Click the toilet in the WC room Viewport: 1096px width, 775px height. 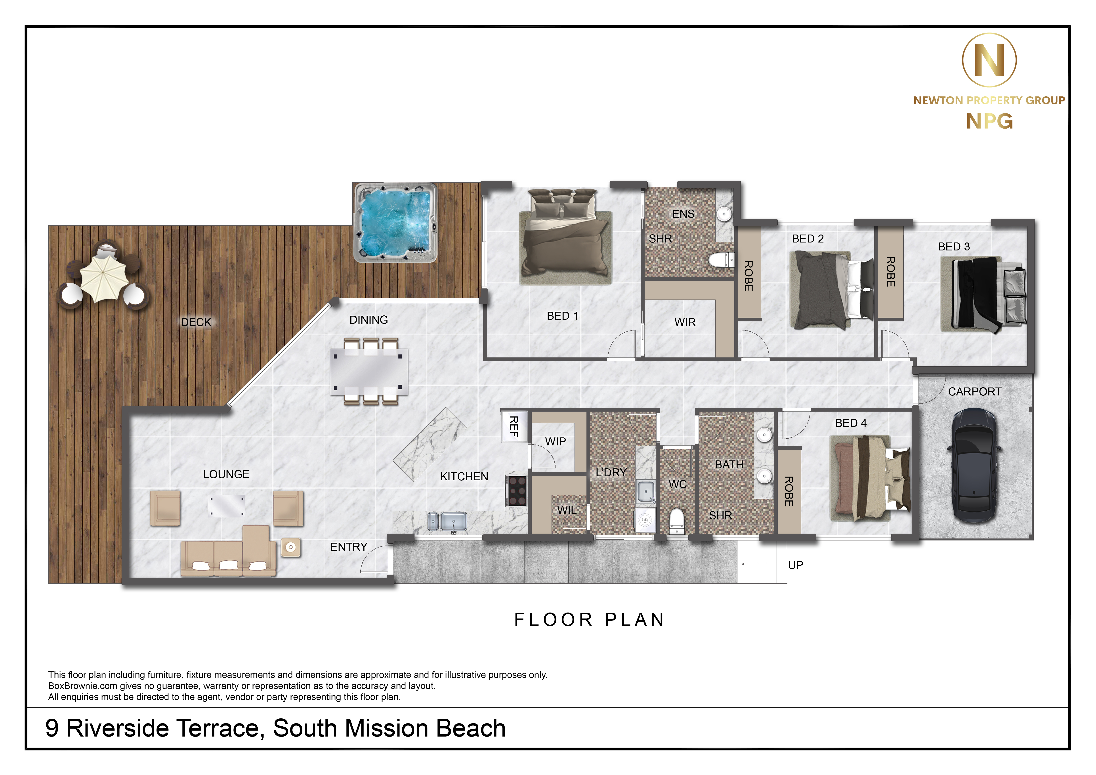tap(677, 521)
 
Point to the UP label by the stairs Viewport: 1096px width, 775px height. tap(796, 565)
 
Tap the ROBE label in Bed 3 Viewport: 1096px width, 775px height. tap(890, 271)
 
